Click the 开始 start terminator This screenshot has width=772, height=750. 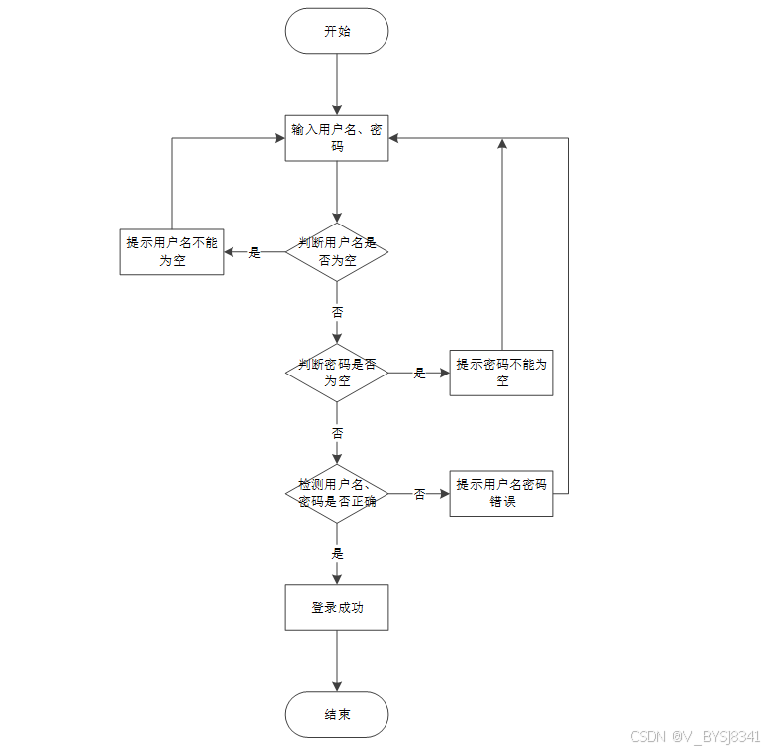coord(337,31)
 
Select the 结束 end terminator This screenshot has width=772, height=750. coord(337,714)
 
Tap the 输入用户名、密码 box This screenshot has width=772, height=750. coord(337,138)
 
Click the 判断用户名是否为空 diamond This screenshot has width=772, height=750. coord(337,252)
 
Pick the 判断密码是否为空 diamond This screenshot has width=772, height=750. coord(337,373)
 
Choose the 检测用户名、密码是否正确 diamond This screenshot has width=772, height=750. coord(337,493)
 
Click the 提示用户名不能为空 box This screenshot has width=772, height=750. coord(172,252)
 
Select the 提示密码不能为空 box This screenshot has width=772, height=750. coord(502,373)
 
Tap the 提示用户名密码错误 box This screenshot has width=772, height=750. coord(502,493)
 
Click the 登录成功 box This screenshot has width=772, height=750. coord(337,607)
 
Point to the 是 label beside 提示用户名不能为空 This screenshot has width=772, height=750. coord(254,252)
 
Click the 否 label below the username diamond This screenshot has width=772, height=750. coord(337,312)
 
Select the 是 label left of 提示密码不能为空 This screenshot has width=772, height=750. coord(419,374)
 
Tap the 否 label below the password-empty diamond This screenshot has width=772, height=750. coord(337,433)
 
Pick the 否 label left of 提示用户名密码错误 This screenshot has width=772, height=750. coord(419,494)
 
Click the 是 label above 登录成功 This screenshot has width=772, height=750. coord(337,553)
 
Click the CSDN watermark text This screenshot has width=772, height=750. coord(695,736)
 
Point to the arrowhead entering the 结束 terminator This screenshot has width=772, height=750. coord(337,686)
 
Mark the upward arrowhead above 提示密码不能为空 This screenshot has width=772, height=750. coord(502,143)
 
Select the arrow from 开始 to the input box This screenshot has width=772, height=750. coord(337,84)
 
